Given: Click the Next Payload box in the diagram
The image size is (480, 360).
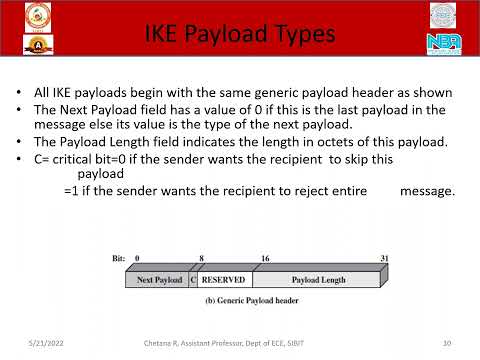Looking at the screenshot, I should [159, 280].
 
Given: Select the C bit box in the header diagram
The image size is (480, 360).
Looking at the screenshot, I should [194, 280].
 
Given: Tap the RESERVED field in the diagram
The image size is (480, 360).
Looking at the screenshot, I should [224, 280].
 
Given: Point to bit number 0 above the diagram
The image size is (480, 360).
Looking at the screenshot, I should [137, 258].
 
